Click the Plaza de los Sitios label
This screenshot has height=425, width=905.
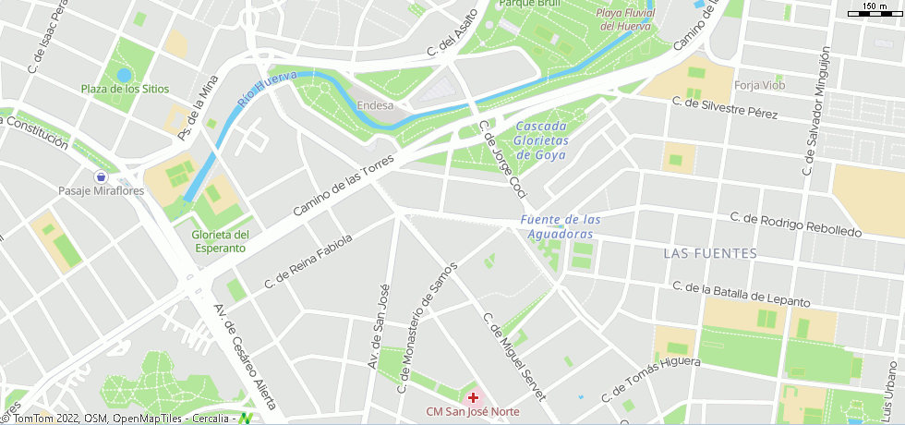pyautogui.click(x=126, y=90)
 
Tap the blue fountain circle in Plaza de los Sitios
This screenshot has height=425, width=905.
pyautogui.click(x=124, y=75)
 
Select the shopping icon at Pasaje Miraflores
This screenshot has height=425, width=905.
pyautogui.click(x=101, y=176)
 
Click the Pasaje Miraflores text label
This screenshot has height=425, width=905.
pyautogui.click(x=102, y=191)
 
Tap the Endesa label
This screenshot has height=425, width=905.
pyautogui.click(x=375, y=105)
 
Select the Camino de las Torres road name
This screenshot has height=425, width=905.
pyautogui.click(x=344, y=186)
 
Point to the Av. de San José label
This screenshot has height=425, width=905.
pyautogui.click(x=377, y=326)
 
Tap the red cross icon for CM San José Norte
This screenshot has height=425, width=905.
pyautogui.click(x=473, y=396)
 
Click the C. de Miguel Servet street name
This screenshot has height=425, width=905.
pyautogui.click(x=513, y=355)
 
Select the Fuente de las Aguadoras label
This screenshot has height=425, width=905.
pyautogui.click(x=561, y=227)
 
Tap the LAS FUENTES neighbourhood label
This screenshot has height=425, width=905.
pyautogui.click(x=710, y=253)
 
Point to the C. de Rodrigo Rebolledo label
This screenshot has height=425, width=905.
pyautogui.click(x=795, y=225)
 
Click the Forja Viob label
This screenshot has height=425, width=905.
pyautogui.click(x=759, y=86)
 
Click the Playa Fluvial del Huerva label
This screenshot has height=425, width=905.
pyautogui.click(x=625, y=19)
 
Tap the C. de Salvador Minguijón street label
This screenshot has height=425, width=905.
pyautogui.click(x=816, y=111)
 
